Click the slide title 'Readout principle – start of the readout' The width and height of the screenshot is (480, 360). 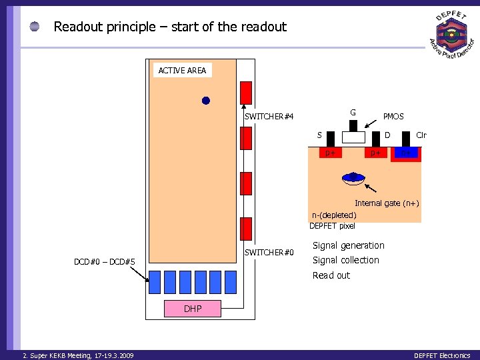point(169,27)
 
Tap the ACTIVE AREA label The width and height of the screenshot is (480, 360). point(182,70)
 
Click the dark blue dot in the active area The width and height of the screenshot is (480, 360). point(206,101)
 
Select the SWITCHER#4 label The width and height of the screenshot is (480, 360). point(269,117)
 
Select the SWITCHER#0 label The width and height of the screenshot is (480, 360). point(269,252)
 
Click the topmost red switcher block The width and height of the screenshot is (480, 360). point(246,92)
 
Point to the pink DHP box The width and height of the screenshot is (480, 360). point(193,309)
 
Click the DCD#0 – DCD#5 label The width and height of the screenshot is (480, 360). point(105,262)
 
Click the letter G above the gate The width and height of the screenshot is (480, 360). point(353,111)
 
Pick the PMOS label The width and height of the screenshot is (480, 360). point(393,117)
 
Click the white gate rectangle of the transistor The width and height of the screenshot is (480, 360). point(353,137)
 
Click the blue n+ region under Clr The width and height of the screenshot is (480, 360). point(407,154)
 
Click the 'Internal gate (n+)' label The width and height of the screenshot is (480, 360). point(387,203)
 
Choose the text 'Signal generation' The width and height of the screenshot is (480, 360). point(348,245)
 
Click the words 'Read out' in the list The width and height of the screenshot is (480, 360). point(331,275)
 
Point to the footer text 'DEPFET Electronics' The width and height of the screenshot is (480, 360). point(441,355)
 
